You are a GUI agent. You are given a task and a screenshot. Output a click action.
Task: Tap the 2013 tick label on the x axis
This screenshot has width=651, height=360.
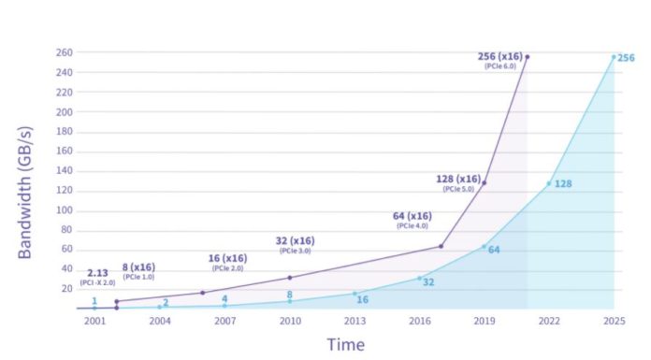354,321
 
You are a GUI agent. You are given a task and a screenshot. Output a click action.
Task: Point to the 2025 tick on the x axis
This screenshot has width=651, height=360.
615,321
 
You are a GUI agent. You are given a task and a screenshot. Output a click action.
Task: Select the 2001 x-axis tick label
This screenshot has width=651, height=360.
94,321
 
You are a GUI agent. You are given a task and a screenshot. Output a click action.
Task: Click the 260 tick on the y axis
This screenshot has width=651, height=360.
63,53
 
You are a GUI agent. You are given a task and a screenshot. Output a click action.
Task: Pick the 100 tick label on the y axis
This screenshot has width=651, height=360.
63,210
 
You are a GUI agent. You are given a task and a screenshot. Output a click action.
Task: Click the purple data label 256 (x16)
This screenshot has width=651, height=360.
499,56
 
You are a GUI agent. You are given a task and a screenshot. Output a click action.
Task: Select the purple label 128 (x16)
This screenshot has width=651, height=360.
458,179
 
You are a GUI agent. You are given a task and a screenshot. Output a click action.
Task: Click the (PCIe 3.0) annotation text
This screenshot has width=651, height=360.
296,251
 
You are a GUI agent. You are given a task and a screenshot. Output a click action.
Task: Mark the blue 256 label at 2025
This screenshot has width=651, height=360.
626,58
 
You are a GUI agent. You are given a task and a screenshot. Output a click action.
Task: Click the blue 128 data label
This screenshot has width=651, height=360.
563,184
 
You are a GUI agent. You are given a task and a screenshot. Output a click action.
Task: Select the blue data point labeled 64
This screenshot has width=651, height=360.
484,247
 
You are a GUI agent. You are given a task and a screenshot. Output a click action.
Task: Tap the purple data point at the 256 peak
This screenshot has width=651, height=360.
528,57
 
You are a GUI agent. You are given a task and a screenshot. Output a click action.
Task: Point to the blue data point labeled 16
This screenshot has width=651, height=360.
354,294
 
